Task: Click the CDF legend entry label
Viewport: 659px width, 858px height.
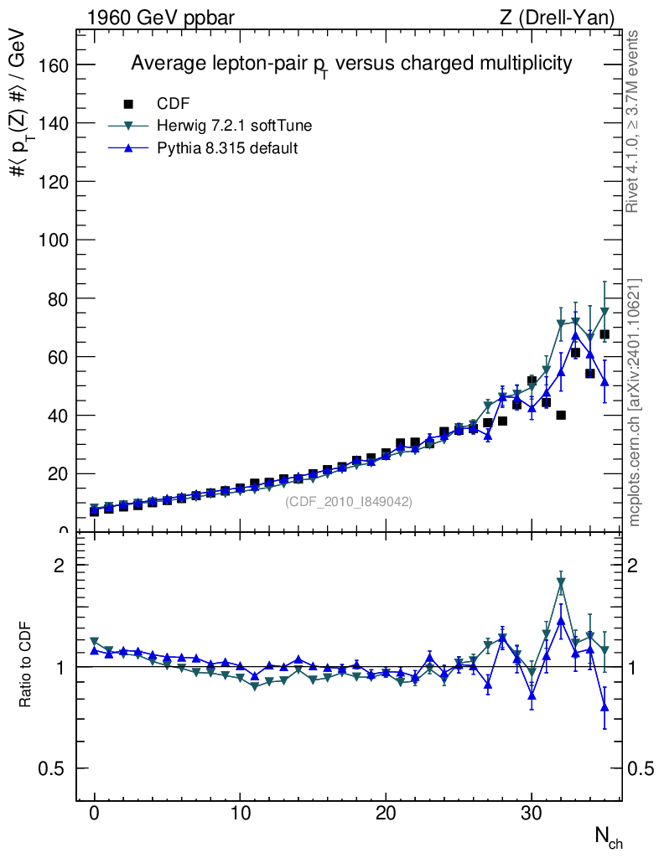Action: tap(174, 104)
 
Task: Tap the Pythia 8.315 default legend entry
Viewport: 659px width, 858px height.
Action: tap(227, 148)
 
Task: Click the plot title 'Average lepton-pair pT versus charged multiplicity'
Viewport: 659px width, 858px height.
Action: tap(351, 65)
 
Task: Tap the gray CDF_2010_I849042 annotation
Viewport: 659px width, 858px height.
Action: tap(349, 502)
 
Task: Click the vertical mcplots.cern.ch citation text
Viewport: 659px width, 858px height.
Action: tap(635, 402)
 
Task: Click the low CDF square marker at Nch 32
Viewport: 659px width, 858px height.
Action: tap(561, 415)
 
